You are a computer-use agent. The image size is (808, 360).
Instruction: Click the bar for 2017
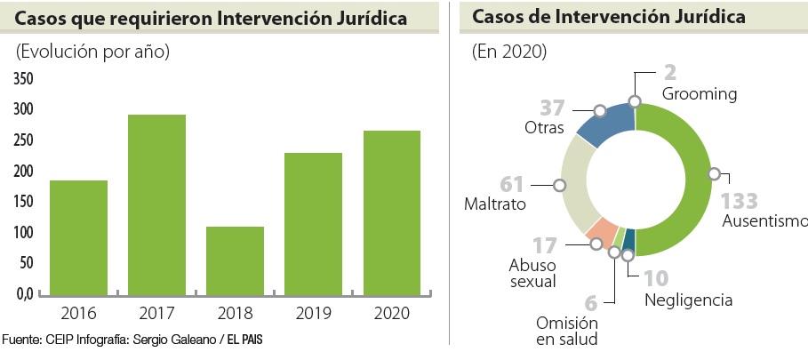[x=156, y=204]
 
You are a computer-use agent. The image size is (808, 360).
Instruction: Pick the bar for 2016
[x=78, y=236]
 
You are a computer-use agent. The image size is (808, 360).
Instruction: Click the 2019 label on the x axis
[x=313, y=312]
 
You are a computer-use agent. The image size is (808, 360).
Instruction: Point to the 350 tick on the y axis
[x=23, y=79]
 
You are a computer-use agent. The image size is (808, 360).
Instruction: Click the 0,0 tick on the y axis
[x=23, y=293]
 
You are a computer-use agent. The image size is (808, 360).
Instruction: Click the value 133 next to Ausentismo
[x=739, y=200]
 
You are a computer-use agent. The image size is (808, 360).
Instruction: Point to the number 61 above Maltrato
[x=512, y=184]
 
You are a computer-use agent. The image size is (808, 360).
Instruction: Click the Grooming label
[x=700, y=93]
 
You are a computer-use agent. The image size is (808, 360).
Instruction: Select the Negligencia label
[x=688, y=300]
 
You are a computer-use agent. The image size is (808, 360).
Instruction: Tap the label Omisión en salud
[x=566, y=331]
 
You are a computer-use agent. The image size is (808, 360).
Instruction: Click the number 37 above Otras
[x=552, y=108]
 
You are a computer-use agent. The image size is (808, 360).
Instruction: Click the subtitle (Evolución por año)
[x=92, y=52]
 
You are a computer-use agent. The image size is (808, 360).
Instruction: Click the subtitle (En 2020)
[x=508, y=52]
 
